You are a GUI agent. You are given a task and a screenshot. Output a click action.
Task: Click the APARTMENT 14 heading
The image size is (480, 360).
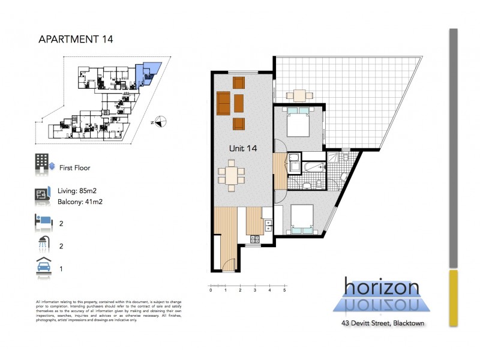(x=75, y=40)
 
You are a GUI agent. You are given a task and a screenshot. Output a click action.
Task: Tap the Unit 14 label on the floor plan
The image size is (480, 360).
(x=243, y=148)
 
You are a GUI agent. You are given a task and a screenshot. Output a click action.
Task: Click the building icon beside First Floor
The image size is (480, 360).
(x=41, y=163)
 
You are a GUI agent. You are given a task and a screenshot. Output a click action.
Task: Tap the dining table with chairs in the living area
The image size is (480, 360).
(x=232, y=175)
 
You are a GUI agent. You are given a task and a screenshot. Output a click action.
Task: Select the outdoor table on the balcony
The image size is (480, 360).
(x=299, y=95)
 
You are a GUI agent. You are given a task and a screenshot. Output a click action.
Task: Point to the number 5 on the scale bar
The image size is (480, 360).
(x=284, y=290)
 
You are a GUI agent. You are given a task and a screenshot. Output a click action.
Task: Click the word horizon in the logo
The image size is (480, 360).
(x=381, y=287)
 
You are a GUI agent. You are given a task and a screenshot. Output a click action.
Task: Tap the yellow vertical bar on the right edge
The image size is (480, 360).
(x=454, y=298)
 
